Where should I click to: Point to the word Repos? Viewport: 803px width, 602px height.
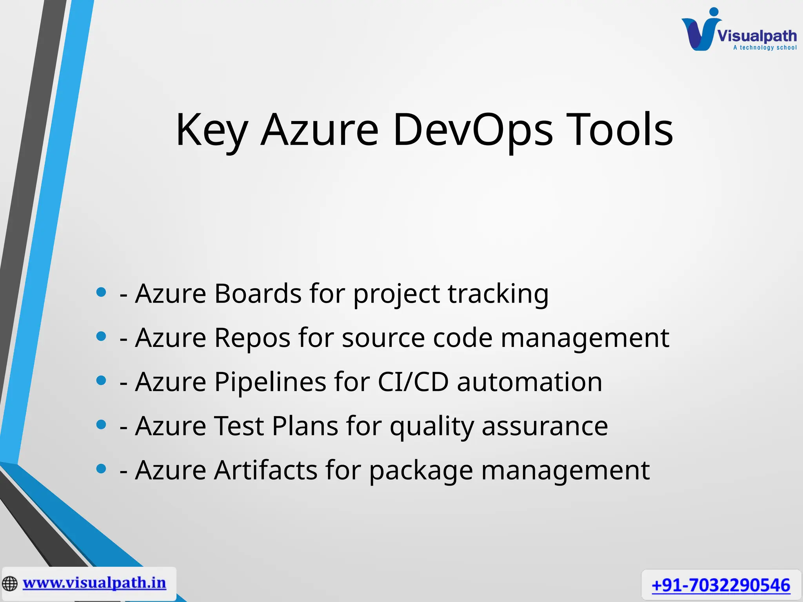(252, 337)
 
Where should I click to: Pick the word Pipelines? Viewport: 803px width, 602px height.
(270, 382)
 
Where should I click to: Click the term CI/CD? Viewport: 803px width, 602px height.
(412, 382)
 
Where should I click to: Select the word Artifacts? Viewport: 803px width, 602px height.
(265, 470)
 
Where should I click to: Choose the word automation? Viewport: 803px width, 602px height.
(529, 382)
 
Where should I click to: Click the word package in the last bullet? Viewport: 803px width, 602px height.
(421, 471)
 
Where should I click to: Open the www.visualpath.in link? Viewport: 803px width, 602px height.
(94, 583)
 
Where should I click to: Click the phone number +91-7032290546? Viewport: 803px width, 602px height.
(721, 586)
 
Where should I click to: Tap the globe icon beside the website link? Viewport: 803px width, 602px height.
(10, 584)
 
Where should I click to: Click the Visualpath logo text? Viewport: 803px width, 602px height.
(757, 36)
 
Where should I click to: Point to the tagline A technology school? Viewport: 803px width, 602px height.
(765, 48)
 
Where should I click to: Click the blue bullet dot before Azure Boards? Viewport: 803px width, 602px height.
(101, 292)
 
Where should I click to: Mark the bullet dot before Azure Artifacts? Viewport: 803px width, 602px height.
(101, 469)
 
